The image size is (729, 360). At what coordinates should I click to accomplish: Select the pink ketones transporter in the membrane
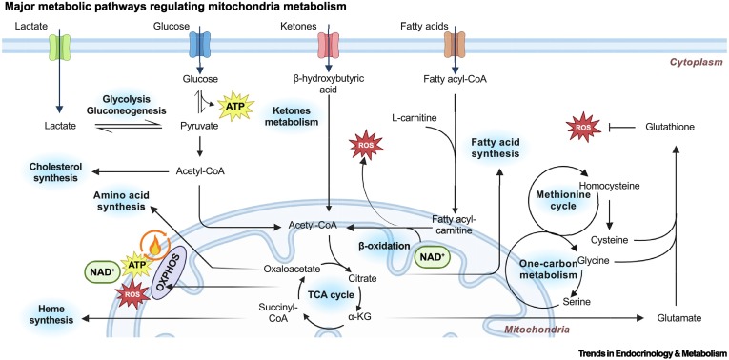tap(327, 46)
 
